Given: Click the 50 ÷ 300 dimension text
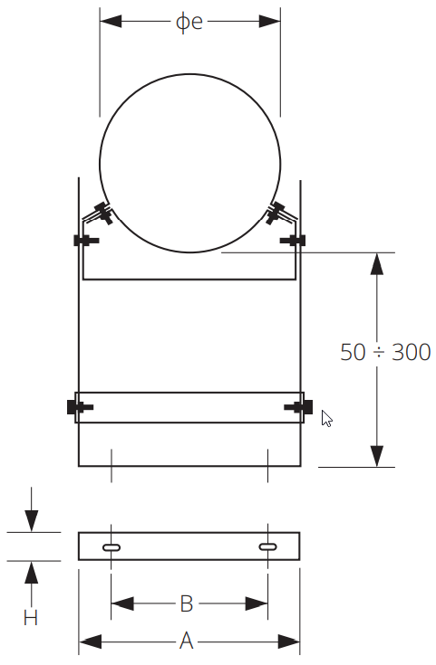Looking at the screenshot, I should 385,352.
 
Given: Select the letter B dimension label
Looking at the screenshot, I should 187,603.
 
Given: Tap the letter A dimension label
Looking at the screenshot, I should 187,641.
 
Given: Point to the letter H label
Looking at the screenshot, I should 31,618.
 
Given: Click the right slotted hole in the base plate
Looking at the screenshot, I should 269,546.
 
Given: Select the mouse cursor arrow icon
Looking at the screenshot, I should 327,419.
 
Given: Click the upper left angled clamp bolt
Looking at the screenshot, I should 101,214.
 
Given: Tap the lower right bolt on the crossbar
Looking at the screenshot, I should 299,407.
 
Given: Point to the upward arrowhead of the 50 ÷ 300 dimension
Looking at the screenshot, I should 377,263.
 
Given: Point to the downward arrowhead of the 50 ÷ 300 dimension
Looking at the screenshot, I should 377,456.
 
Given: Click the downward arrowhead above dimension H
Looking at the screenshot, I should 32,521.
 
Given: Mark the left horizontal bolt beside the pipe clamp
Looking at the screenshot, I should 83,240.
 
